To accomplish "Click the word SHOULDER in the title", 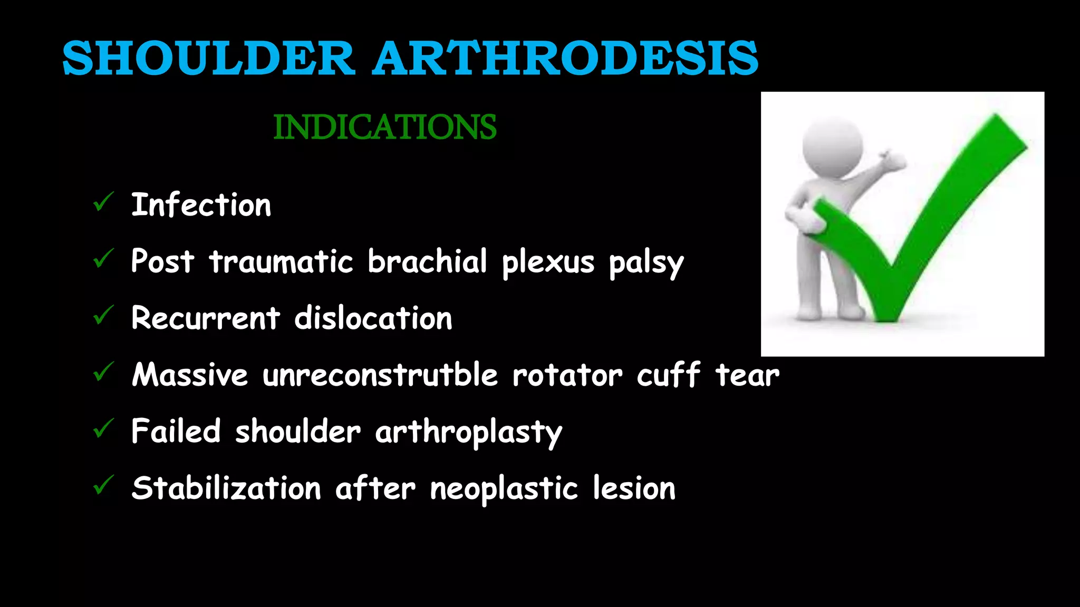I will [x=208, y=58].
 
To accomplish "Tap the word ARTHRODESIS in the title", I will [x=565, y=58].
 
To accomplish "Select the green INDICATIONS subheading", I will [x=385, y=127].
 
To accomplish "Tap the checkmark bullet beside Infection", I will [x=103, y=202].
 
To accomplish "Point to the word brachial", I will [x=427, y=261].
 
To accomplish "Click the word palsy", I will [x=646, y=263].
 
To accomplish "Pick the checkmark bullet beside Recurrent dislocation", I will [x=103, y=316].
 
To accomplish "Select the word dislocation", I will [x=373, y=318].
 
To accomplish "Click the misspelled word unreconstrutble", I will [x=380, y=375].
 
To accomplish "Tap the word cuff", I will [x=669, y=375].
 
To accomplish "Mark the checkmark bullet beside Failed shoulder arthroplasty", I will [x=103, y=429].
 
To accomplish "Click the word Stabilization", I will [x=226, y=488].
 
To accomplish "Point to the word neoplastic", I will [x=504, y=488].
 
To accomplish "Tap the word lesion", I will [x=634, y=488].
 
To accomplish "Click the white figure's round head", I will [x=832, y=146].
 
